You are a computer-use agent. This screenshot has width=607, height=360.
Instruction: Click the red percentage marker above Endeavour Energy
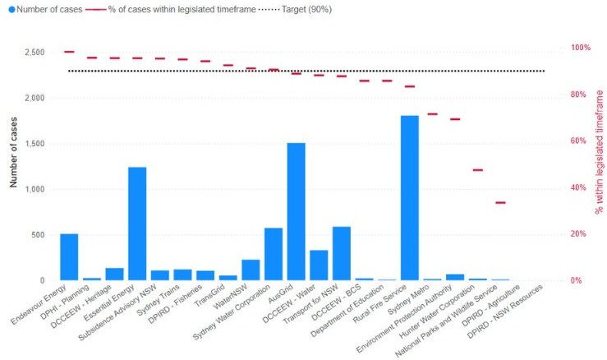[x=69, y=52]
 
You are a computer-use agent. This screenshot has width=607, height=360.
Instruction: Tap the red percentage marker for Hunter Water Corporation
[x=478, y=170]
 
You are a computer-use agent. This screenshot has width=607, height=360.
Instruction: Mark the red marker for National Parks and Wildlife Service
[x=500, y=202]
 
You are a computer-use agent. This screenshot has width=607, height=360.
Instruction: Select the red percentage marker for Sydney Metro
[x=432, y=114]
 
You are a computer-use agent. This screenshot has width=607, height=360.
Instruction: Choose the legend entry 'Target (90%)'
[x=326, y=9]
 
